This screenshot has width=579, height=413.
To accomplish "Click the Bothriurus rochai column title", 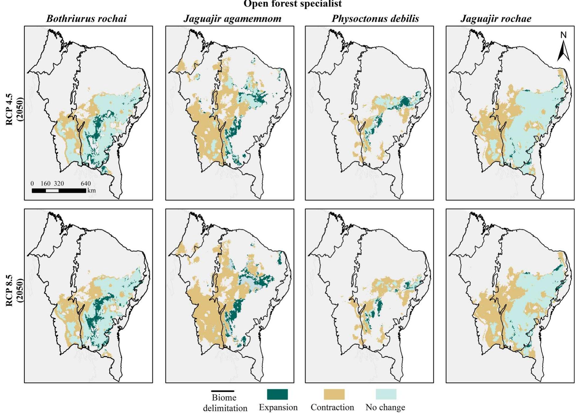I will pyautogui.click(x=86, y=19).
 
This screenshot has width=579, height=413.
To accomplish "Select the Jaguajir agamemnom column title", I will pyautogui.click(x=232, y=19).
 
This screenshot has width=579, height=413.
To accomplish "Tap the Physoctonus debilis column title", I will pyautogui.click(x=375, y=19).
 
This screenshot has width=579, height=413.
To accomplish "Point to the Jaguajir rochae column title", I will pyautogui.click(x=496, y=19).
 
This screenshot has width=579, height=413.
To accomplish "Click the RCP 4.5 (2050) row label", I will pyautogui.click(x=14, y=109).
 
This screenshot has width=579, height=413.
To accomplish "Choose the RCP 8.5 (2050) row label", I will pyautogui.click(x=14, y=291).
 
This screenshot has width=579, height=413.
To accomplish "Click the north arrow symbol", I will pyautogui.click(x=563, y=51).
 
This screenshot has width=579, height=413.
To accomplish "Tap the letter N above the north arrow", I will pyautogui.click(x=563, y=35).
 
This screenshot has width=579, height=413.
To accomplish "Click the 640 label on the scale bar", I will pyautogui.click(x=86, y=184).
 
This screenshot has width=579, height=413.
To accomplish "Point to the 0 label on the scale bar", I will pyautogui.click(x=32, y=184).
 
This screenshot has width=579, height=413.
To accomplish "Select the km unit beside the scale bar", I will pyautogui.click(x=92, y=190).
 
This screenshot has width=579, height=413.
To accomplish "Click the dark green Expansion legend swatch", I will pyautogui.click(x=277, y=394).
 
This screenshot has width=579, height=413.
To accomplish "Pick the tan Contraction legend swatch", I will pyautogui.click(x=334, y=394).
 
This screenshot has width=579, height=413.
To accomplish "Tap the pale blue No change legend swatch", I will pyautogui.click(x=386, y=394).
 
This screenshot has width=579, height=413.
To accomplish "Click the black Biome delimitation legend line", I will pyautogui.click(x=223, y=391).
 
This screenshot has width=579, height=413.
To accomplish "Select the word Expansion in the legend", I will pyautogui.click(x=278, y=407).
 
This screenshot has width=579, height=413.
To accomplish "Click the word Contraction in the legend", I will pyautogui.click(x=332, y=407).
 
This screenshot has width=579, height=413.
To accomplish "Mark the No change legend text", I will pyautogui.click(x=385, y=407).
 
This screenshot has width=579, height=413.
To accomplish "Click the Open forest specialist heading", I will pyautogui.click(x=293, y=4).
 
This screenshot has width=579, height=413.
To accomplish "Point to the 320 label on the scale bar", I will pyautogui.click(x=59, y=184).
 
